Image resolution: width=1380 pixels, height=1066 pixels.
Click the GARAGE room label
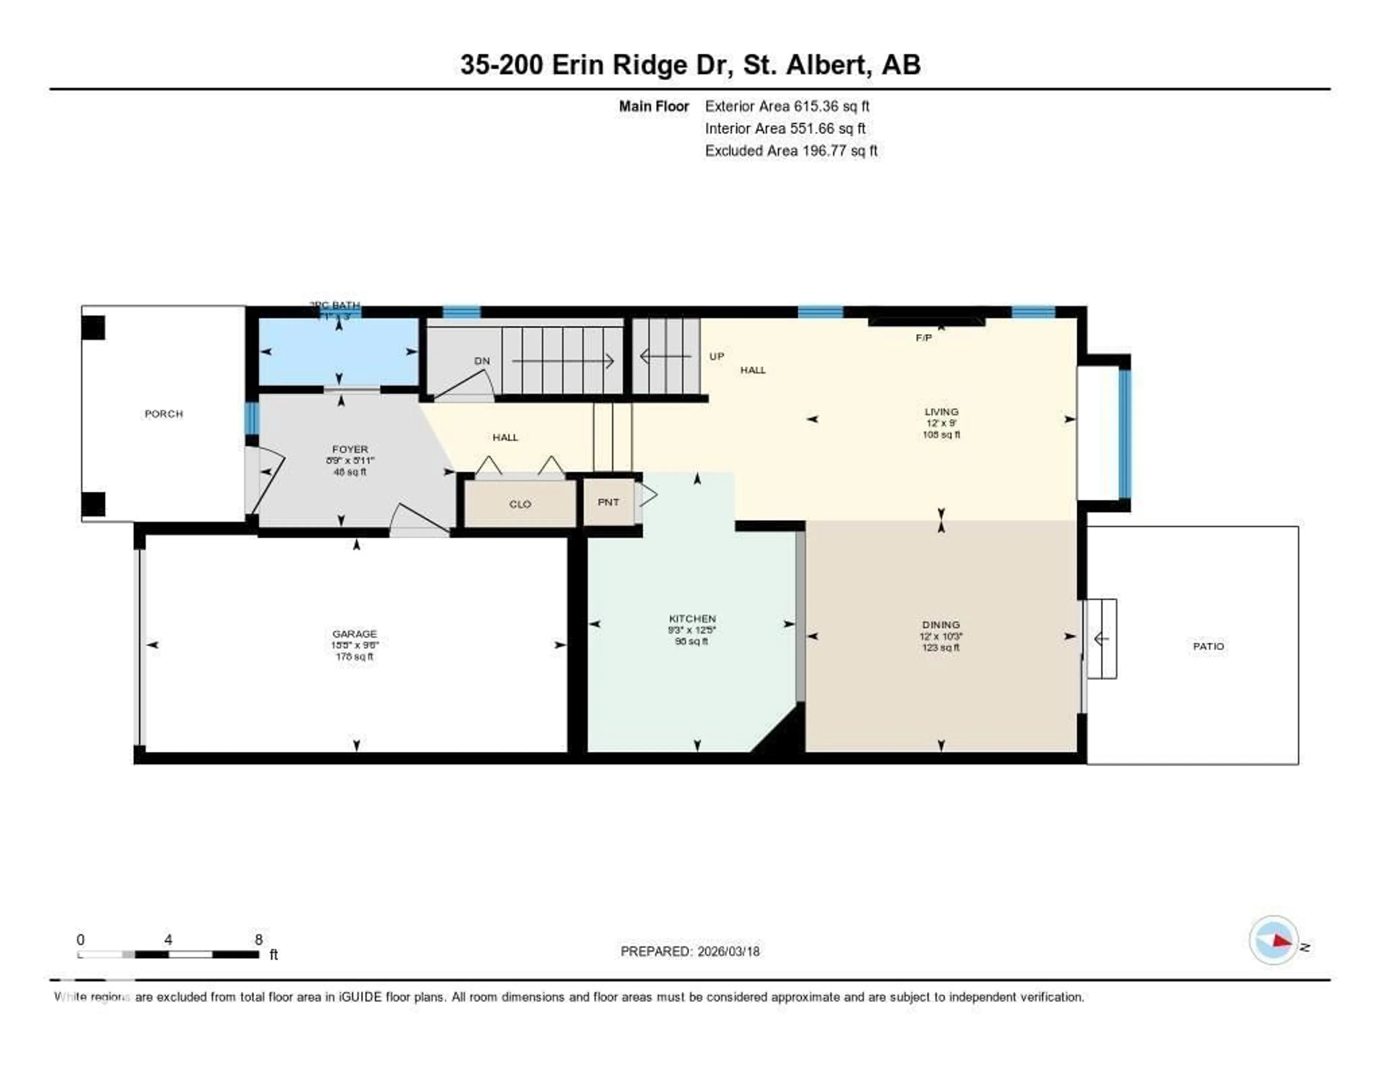click(x=354, y=634)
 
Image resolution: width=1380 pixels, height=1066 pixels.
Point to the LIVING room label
click(x=941, y=412)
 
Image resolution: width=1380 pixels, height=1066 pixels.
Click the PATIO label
click(x=1208, y=647)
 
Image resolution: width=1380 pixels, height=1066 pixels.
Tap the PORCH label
click(x=164, y=414)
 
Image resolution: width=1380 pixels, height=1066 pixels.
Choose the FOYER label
click(x=350, y=449)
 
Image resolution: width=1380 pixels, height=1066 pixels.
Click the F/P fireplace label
click(x=923, y=338)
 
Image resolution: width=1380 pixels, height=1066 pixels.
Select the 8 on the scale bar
click(x=258, y=939)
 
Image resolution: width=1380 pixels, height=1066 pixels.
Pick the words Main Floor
click(x=653, y=106)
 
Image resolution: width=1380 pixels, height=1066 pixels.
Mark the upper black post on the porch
click(x=93, y=328)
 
